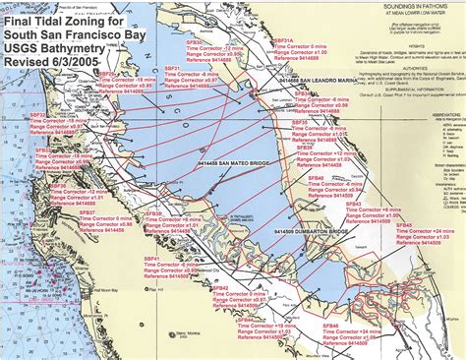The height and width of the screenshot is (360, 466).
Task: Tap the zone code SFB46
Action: click(x=330, y=324)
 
